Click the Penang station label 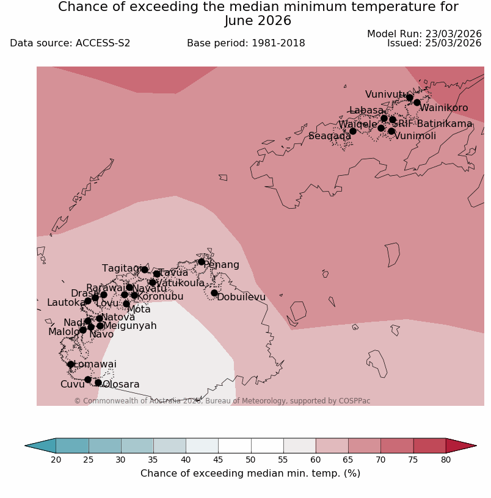[221, 265]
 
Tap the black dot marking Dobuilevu [214, 293]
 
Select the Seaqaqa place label [330, 136]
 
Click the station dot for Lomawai [71, 364]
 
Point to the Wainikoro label [443, 108]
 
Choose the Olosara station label [121, 384]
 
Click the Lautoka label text [67, 303]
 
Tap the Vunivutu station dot [410, 98]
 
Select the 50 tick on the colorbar [250, 460]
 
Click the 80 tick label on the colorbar [446, 460]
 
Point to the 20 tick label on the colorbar [56, 460]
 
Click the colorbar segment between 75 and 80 [429, 446]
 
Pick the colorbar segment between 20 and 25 [72, 446]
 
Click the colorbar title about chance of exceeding [250, 474]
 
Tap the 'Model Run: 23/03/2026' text [424, 34]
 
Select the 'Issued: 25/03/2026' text [434, 43]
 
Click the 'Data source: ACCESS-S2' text [70, 43]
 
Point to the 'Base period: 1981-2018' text [246, 43]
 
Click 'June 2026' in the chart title [258, 21]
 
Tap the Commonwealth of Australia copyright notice [222, 401]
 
